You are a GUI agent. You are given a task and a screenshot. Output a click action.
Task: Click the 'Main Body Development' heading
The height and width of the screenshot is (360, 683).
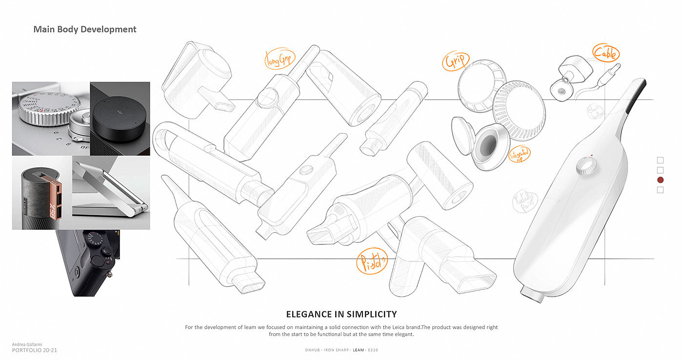click(85, 29)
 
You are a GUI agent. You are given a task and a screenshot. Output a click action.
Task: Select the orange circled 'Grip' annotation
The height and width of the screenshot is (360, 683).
click(455, 61)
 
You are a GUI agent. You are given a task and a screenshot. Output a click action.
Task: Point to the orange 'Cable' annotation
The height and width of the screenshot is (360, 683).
click(605, 53)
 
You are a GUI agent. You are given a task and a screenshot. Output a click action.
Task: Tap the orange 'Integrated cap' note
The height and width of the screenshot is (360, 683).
click(520, 155)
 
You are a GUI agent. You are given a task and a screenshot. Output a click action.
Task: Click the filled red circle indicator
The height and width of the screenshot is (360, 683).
click(660, 180)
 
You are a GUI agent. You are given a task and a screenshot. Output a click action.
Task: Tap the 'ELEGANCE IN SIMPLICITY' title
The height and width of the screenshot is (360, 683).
click(341, 314)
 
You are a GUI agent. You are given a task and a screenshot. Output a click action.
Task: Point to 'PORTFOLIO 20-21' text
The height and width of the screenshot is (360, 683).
click(35, 350)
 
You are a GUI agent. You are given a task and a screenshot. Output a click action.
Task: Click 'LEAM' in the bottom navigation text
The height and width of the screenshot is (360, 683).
click(359, 350)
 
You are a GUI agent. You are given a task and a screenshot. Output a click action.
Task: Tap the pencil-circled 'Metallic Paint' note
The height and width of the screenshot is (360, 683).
click(524, 201)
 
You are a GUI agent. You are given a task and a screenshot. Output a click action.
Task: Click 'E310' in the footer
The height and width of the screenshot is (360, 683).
click(373, 350)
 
